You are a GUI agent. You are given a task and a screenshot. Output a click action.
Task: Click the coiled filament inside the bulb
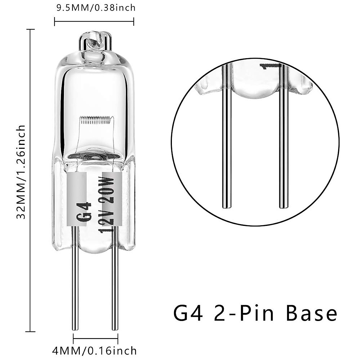(x=95, y=121)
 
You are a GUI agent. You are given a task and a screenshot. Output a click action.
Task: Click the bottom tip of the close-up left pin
(x=226, y=207)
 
